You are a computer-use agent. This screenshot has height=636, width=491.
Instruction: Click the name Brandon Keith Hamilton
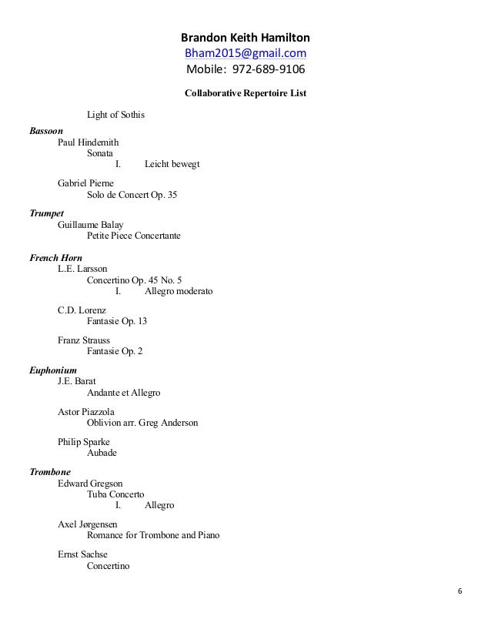click(245, 37)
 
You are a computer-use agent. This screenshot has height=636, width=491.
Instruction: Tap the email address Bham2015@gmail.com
click(245, 52)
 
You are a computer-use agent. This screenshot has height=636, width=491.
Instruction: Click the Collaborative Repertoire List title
click(245, 94)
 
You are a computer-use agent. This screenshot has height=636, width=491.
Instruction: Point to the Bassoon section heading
click(47, 132)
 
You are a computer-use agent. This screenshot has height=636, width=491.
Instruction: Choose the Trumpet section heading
click(46, 213)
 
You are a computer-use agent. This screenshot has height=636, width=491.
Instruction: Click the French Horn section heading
click(55, 257)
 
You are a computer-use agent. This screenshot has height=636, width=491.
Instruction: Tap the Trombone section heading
click(50, 471)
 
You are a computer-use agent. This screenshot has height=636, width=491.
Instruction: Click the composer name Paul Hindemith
click(88, 142)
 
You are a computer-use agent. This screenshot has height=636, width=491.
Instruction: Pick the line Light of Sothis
click(116, 115)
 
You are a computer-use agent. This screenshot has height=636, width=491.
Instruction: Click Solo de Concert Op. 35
click(132, 195)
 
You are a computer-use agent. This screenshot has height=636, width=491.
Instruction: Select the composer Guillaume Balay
click(90, 224)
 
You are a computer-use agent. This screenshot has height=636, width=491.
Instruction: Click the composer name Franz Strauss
click(84, 340)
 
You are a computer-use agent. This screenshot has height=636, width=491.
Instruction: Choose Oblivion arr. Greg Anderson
click(142, 423)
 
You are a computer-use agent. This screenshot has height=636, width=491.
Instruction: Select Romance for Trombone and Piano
click(153, 535)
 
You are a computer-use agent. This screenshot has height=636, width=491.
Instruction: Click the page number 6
click(459, 591)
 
